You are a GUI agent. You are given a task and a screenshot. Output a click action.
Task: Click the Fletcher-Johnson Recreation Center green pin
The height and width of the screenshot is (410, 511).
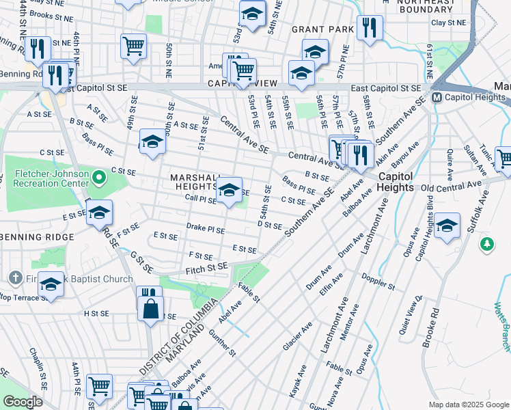99,179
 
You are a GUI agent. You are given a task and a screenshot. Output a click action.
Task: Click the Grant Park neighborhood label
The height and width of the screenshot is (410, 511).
322,29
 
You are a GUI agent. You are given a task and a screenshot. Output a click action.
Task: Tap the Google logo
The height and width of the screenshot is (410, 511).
23,401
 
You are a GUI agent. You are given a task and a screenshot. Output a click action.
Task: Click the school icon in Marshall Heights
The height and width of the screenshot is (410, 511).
230,191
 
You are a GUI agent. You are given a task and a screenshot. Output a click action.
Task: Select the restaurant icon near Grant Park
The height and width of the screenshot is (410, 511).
369,28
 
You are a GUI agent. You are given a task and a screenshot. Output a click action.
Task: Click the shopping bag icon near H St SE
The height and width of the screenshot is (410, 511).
150,307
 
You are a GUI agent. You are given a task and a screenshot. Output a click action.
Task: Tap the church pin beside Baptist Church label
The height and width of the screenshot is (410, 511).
16,278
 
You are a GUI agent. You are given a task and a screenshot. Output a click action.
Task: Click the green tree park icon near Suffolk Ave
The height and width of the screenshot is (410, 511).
486,244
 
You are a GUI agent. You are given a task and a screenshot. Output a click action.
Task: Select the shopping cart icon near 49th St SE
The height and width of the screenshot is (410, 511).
133,46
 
